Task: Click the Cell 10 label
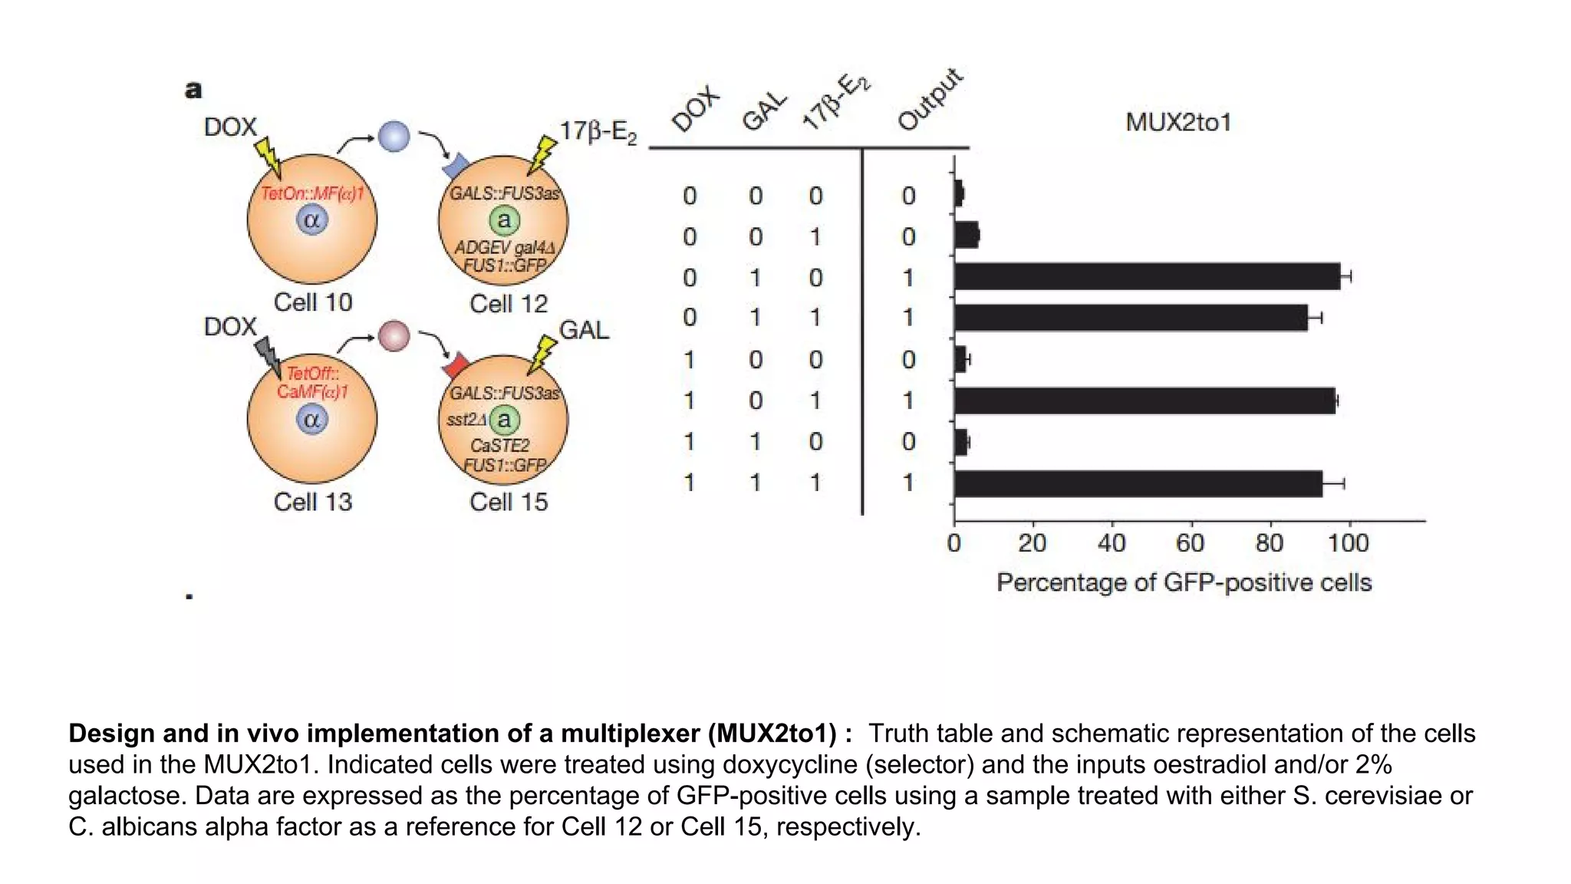312,302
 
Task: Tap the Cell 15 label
509,502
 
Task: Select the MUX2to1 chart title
1178,122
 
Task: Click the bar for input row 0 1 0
1147,276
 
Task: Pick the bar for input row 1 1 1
1138,483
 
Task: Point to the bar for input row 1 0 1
1144,401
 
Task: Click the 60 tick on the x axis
1190,543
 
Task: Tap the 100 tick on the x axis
1348,543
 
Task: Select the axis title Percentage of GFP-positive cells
1184,582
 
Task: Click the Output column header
929,100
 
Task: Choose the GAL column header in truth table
764,112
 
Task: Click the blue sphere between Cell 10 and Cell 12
394,137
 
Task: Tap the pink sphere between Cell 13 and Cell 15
394,336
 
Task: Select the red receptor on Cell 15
457,364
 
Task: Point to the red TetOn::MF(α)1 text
311,193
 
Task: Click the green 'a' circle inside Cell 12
504,221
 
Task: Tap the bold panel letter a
193,90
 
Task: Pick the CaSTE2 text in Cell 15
499,446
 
